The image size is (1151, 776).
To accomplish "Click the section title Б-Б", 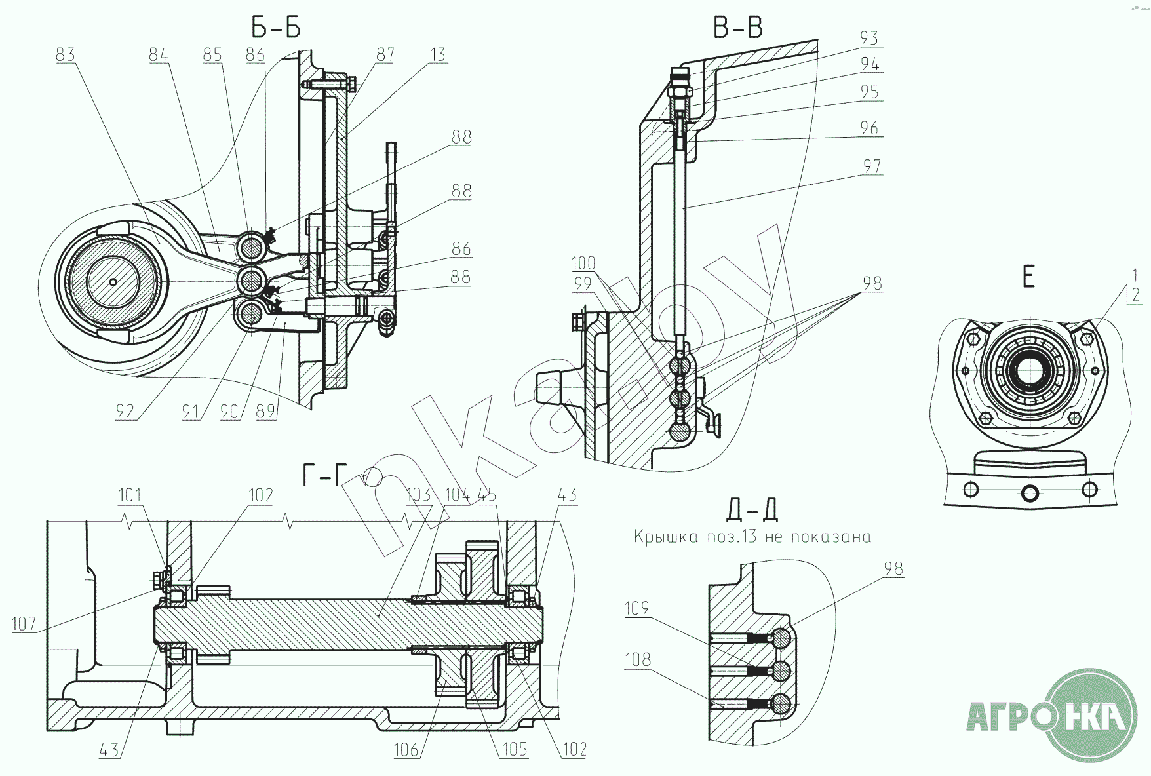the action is (x=276, y=28).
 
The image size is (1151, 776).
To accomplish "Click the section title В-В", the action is (x=737, y=28).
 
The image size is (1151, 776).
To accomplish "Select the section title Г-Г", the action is (x=323, y=475).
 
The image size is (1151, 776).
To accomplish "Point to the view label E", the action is (x=1028, y=277).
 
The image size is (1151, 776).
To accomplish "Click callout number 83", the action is (x=66, y=54).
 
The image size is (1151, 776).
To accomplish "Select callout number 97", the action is (x=872, y=166).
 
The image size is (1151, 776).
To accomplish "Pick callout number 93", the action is (x=868, y=39).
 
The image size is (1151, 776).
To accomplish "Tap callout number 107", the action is (x=24, y=623).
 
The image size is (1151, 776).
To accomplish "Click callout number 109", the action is (x=636, y=609).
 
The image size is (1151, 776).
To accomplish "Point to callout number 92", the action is (x=125, y=411).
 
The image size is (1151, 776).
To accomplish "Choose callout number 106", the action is (x=406, y=749).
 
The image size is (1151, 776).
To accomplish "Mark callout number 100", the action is (x=583, y=263).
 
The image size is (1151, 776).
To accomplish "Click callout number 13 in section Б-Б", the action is (x=437, y=54).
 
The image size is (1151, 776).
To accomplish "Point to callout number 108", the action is (x=638, y=659).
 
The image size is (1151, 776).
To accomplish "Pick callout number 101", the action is (x=129, y=495).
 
